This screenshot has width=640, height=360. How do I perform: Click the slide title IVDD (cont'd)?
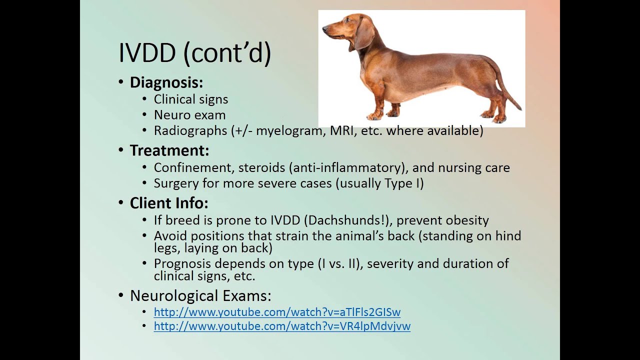194,52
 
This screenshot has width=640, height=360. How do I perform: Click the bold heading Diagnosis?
166,82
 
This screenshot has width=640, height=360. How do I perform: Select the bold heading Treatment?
169,150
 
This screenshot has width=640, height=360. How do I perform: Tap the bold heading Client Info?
169,202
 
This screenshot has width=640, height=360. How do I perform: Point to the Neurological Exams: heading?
200,295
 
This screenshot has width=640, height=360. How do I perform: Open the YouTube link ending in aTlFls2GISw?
277,312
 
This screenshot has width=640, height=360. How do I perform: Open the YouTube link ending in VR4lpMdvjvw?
282,326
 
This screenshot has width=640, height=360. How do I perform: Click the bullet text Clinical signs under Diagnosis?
190,99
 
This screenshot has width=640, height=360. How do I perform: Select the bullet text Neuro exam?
189,115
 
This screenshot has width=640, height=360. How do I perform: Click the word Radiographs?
190,130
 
